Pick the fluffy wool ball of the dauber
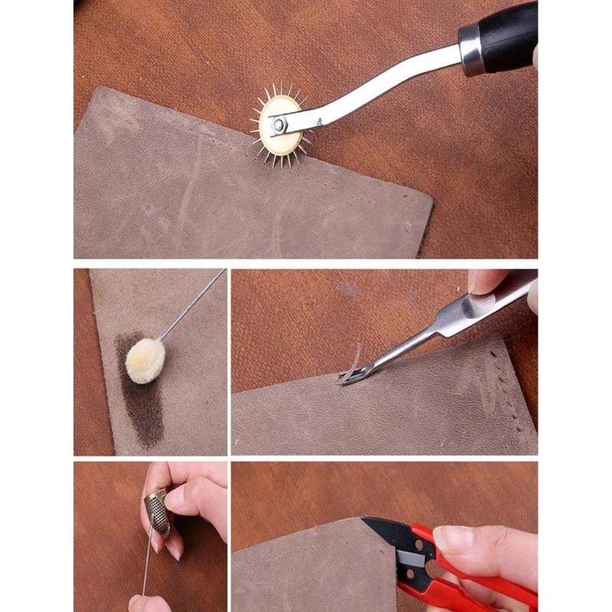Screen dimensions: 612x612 pyautogui.click(x=145, y=360)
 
